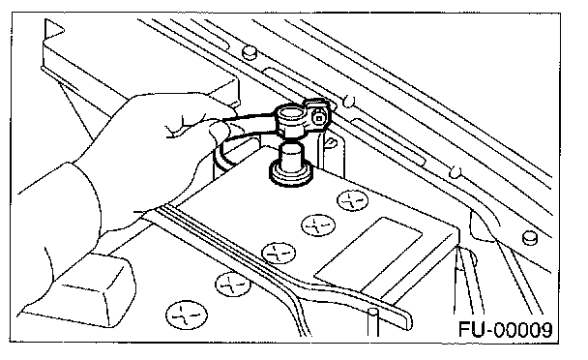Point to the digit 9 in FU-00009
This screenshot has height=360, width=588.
coord(544,330)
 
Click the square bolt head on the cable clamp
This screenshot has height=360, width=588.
coord(319,119)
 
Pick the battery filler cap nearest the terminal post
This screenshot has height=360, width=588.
coord(352,200)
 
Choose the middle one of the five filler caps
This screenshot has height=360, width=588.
coord(279,253)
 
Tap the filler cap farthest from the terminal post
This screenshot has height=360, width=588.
coord(187,315)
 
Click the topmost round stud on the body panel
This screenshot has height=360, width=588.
coord(249,52)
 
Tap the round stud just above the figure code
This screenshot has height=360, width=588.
coord(530,238)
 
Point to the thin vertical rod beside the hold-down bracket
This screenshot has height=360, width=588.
coord(373,321)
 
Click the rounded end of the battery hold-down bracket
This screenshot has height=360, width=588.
coord(407,319)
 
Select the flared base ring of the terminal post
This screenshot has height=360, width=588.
coord(291,175)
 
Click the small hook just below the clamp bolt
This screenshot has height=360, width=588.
coord(330,143)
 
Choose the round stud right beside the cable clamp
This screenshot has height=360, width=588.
coord(349,101)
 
